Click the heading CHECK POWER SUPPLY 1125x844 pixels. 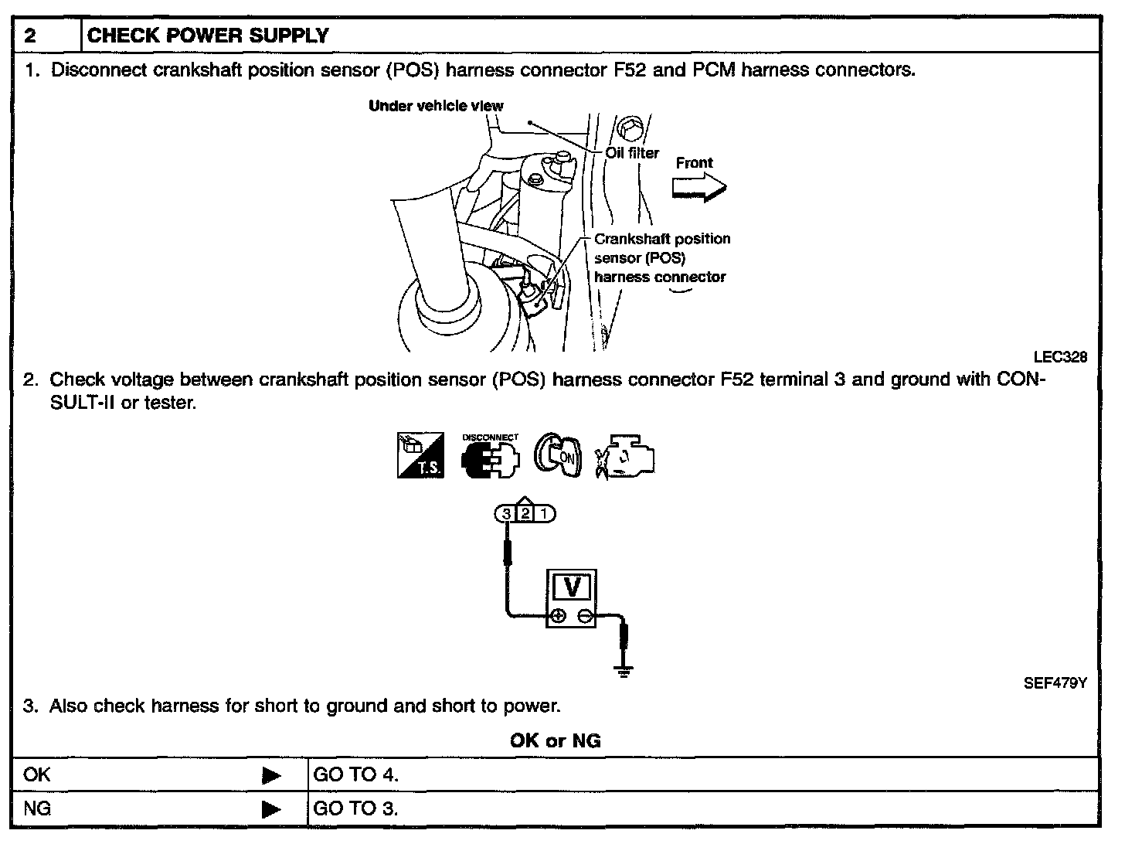tap(208, 36)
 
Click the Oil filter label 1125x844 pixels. tap(632, 153)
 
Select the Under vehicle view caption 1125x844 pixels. tap(436, 106)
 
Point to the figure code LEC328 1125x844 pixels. tap(1060, 357)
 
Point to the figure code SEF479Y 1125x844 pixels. tap(1055, 683)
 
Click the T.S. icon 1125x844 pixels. tap(420, 455)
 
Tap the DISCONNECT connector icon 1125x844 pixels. tap(490, 458)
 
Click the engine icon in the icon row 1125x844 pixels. tap(626, 458)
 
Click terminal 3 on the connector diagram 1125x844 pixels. tap(506, 513)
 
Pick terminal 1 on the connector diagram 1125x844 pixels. tap(544, 513)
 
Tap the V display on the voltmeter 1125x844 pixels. tap(572, 588)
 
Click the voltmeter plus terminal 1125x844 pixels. tap(557, 616)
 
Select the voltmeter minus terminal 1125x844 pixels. tap(586, 616)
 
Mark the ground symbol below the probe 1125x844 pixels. tap(625, 672)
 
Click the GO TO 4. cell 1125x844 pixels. tap(356, 774)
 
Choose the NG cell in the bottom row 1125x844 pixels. tap(37, 808)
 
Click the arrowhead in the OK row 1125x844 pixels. tap(271, 775)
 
